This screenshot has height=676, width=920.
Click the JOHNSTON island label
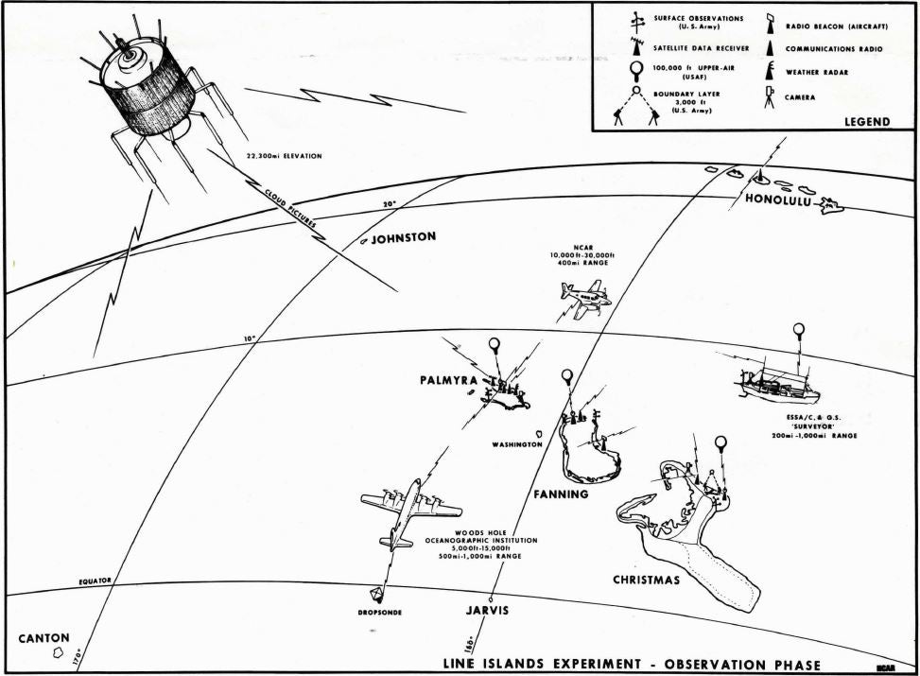(x=403, y=238)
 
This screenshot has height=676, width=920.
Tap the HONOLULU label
(x=778, y=199)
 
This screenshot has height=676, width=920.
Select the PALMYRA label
(x=449, y=381)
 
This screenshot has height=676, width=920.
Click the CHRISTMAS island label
(x=646, y=580)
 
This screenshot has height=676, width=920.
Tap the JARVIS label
(x=487, y=611)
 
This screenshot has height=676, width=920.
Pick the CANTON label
(x=43, y=638)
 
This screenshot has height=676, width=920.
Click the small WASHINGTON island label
(x=516, y=443)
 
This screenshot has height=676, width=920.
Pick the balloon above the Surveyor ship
(x=799, y=331)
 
